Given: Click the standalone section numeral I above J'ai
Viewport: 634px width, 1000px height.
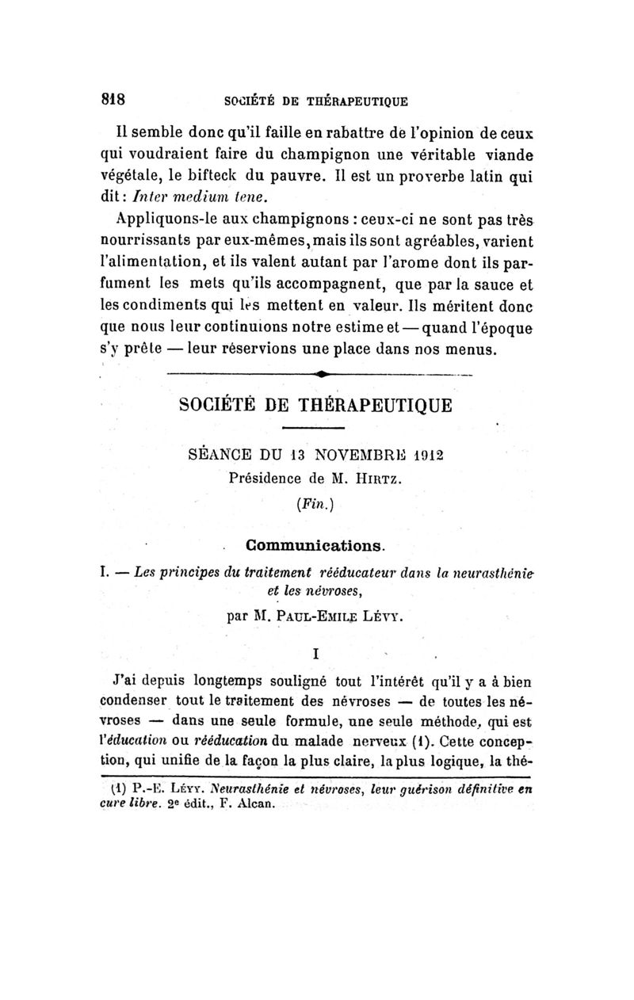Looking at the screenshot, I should coord(316,654).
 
